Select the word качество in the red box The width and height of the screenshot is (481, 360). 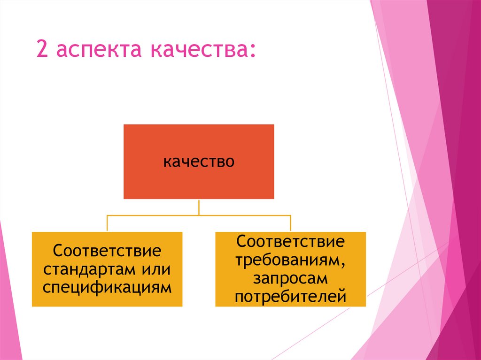click(199, 162)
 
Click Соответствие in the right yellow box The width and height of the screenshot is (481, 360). click(290, 243)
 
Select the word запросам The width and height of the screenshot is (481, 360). click(290, 279)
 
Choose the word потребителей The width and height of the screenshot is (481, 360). click(290, 297)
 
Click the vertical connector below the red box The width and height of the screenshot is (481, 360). click(199, 207)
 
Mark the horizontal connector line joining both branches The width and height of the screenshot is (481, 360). click(199, 215)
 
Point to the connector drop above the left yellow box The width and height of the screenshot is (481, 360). click(108, 223)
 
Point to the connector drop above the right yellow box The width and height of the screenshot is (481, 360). click(291, 223)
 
